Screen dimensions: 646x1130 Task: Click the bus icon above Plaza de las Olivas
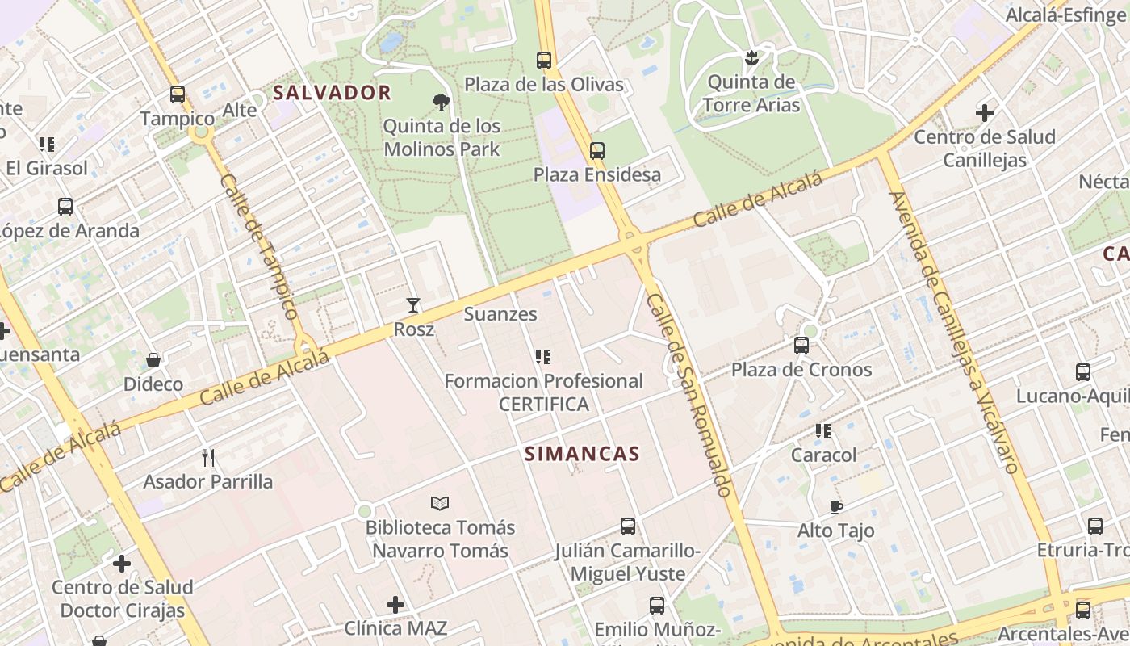pyautogui.click(x=544, y=60)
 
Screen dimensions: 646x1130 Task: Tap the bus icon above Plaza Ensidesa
pyautogui.click(x=597, y=150)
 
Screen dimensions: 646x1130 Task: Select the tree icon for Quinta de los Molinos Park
pyautogui.click(x=442, y=103)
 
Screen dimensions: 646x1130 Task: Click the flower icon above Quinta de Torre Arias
pyautogui.click(x=751, y=58)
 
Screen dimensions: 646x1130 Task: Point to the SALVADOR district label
pyautogui.click(x=332, y=93)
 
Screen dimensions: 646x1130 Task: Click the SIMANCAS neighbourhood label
pyautogui.click(x=582, y=454)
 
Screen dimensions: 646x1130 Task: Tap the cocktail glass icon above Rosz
pyautogui.click(x=413, y=305)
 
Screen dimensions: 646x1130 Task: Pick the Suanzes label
pyautogui.click(x=500, y=314)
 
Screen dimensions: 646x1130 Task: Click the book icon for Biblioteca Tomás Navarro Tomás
pyautogui.click(x=440, y=504)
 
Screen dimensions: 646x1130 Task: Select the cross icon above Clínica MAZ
pyautogui.click(x=395, y=604)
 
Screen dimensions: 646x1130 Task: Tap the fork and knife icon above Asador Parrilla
pyautogui.click(x=208, y=458)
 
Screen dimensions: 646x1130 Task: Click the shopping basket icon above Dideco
pyautogui.click(x=153, y=360)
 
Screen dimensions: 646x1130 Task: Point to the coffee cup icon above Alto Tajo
pyautogui.click(x=836, y=507)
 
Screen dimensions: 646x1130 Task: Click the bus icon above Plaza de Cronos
pyautogui.click(x=801, y=346)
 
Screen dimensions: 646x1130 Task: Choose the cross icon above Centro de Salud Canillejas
pyautogui.click(x=985, y=113)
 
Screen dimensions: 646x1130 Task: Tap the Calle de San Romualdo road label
pyautogui.click(x=689, y=396)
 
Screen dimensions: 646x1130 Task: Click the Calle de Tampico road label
pyautogui.click(x=257, y=246)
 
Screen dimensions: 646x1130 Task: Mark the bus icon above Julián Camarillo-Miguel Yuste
pyautogui.click(x=628, y=526)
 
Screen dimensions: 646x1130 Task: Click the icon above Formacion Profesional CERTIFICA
pyautogui.click(x=543, y=356)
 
